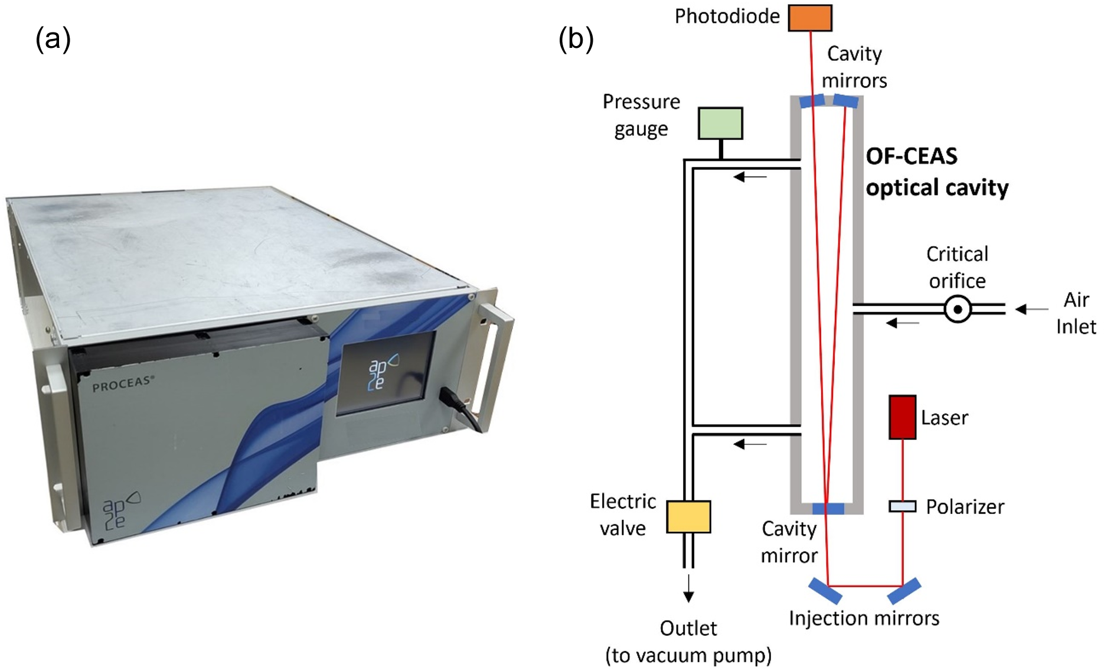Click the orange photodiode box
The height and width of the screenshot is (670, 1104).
click(810, 18)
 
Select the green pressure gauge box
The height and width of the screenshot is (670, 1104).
click(720, 123)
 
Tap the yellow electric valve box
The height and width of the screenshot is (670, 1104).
click(688, 517)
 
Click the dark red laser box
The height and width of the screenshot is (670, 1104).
click(902, 417)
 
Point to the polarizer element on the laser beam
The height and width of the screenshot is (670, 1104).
click(902, 506)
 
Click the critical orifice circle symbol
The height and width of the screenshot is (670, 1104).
click(958, 309)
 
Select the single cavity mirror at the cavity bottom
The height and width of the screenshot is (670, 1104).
click(828, 509)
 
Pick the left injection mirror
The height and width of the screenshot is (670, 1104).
click(825, 591)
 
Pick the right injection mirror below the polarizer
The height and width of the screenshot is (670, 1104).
click(904, 591)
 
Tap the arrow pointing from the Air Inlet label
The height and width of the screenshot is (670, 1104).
click(1031, 309)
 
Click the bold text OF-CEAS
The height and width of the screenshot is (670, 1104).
click(912, 157)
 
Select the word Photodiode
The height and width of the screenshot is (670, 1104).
click(727, 17)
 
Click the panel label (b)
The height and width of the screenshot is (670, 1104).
click(576, 39)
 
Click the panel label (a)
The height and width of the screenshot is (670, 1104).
click(53, 39)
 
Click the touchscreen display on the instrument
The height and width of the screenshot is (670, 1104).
click(386, 373)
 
